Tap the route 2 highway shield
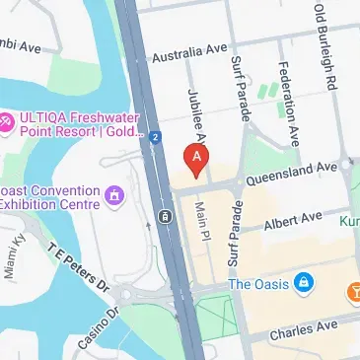[155, 137]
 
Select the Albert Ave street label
[293, 218]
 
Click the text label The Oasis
[257, 284]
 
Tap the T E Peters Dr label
[80, 267]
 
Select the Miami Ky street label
[14, 258]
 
